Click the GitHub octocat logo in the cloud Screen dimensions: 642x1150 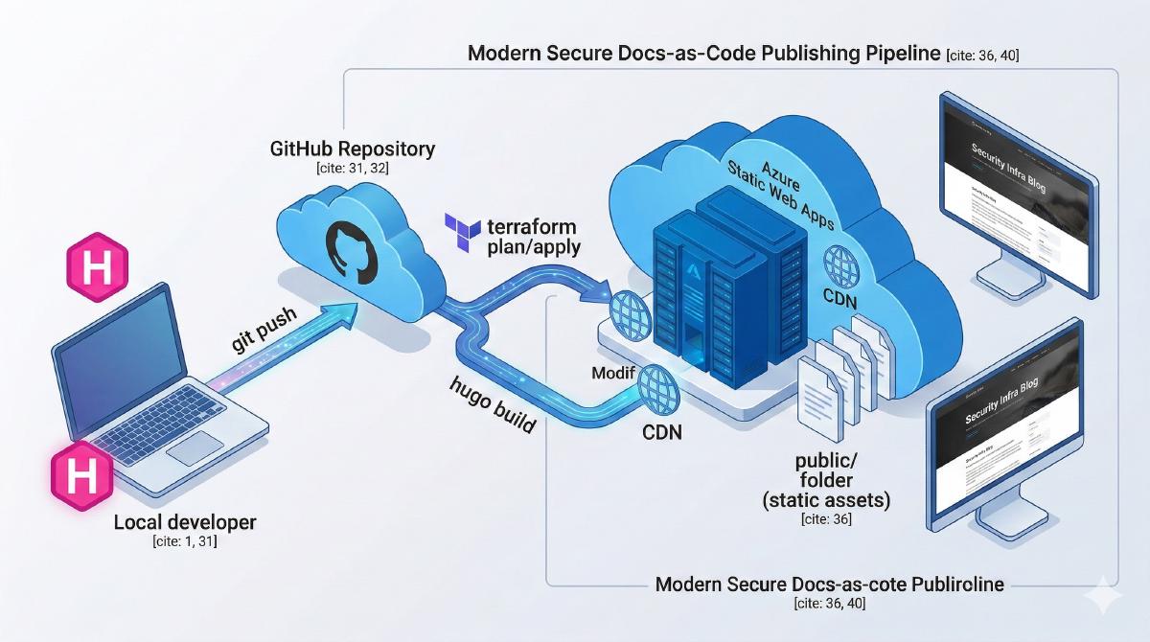[x=351, y=248]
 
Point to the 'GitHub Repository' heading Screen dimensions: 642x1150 [x=354, y=149]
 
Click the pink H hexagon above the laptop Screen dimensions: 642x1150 [x=94, y=267]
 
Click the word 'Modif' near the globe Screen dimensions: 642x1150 [x=613, y=371]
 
